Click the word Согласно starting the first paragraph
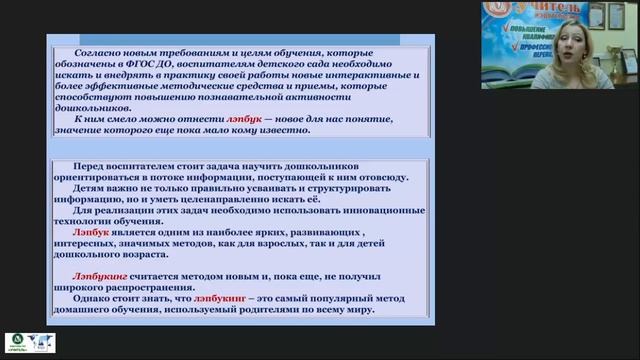click(x=83, y=50)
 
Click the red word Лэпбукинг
click(x=98, y=274)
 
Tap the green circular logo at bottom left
click(x=16, y=343)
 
